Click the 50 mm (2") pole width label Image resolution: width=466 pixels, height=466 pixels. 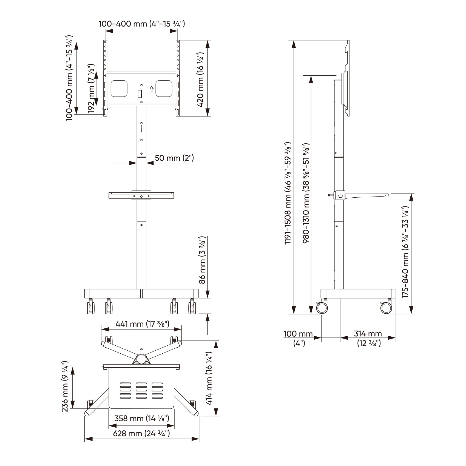(x=174, y=158)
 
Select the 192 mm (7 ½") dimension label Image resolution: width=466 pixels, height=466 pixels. (x=91, y=88)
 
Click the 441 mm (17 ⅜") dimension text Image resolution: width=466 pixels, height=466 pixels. (x=142, y=324)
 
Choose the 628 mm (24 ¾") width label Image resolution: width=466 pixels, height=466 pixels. (x=142, y=433)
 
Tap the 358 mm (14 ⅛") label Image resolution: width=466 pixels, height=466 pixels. (x=141, y=418)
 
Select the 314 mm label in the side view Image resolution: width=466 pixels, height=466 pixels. (x=368, y=334)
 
